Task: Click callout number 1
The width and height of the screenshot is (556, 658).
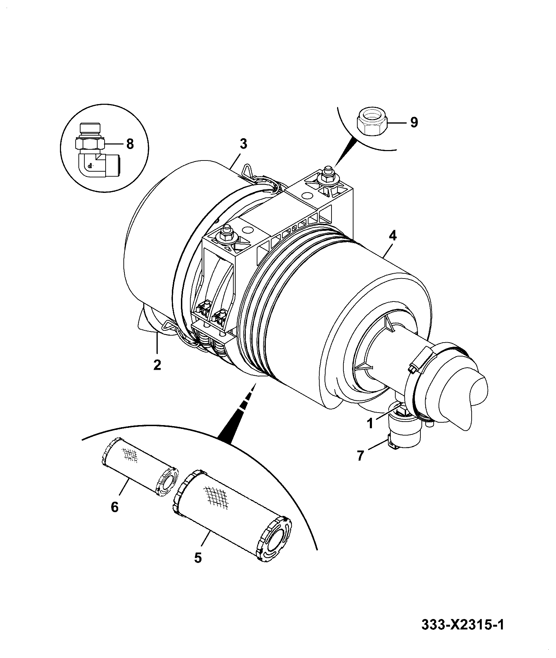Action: pos(370,423)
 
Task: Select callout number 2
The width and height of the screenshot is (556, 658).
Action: pos(157,365)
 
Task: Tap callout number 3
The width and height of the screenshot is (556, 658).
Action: pos(243,144)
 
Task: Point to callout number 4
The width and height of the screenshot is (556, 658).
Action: pos(392,236)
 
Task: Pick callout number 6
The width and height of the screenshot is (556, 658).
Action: pos(115,507)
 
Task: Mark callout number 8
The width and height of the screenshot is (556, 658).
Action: pos(130,144)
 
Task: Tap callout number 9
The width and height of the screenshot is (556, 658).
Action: pos(414,122)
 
